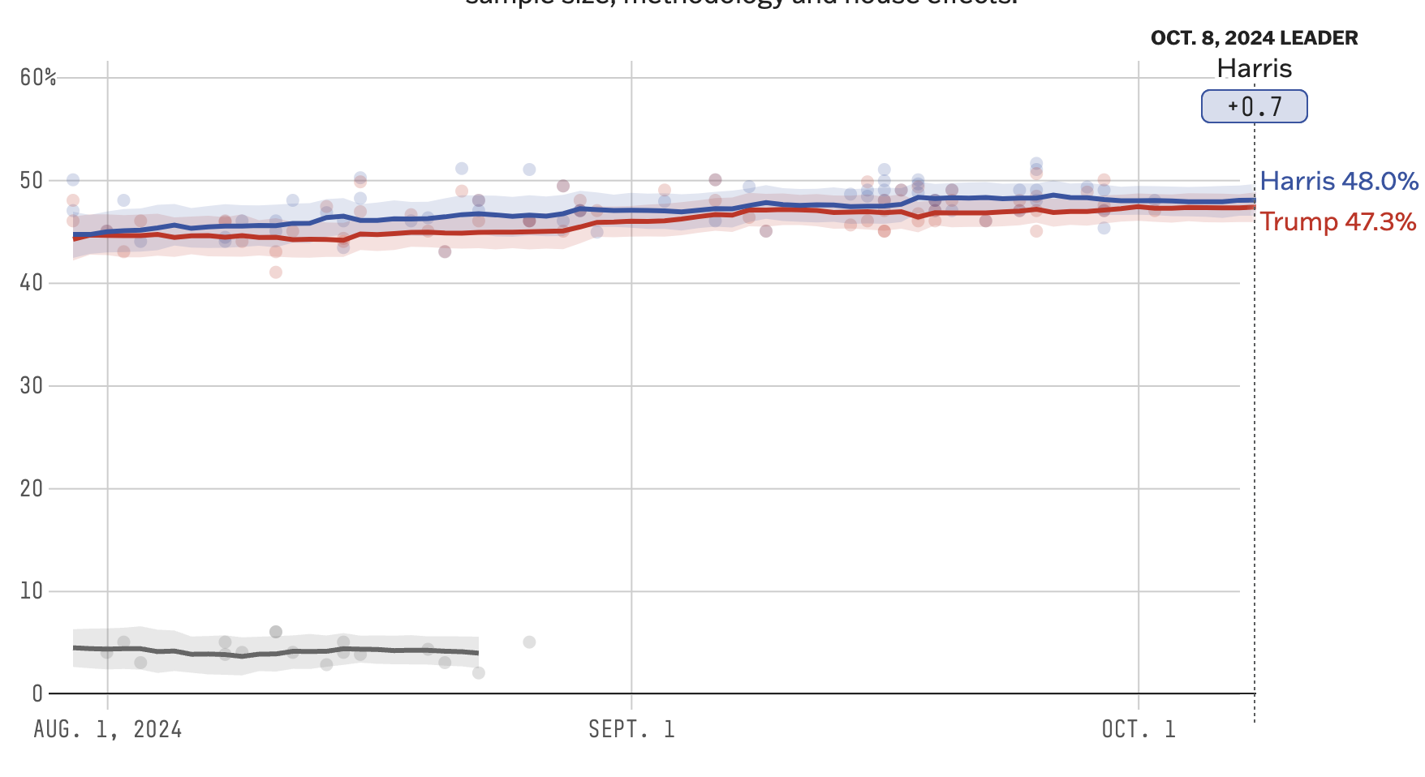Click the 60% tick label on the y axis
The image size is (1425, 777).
38,78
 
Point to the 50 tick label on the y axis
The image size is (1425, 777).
32,180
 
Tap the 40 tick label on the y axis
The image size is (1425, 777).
32,283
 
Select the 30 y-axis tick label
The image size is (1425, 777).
32,385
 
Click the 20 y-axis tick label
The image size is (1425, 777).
32,488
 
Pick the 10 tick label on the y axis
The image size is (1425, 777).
32,590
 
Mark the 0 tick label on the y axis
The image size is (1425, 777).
37,693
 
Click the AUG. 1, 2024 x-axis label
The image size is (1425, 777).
108,729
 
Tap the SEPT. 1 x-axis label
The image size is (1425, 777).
631,729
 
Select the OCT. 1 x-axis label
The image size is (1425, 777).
1139,729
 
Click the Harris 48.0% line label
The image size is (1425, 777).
1339,181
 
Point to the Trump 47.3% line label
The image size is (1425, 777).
1338,221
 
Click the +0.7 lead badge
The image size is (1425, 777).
1255,106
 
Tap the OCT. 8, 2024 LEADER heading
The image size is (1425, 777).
1254,38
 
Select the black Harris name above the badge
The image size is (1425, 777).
1254,68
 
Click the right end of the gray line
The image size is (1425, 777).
477,652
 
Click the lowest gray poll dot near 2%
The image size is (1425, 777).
479,673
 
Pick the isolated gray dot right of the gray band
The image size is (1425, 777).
529,642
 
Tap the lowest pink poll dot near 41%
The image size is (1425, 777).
276,273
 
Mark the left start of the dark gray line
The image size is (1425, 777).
75,647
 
